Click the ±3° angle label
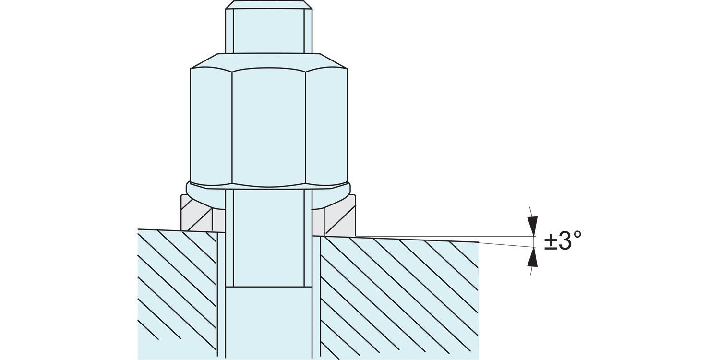[x=563, y=241]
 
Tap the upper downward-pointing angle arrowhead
[x=533, y=226]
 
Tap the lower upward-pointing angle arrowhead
[x=533, y=257]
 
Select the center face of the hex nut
[x=269, y=128]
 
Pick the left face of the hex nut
[x=211, y=126]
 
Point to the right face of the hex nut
[x=326, y=126]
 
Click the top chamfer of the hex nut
[x=269, y=61]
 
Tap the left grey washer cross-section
[x=203, y=213]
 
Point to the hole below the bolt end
[x=269, y=323]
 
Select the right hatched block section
[x=398, y=299]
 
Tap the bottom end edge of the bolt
[x=269, y=287]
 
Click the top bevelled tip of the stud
[x=269, y=5]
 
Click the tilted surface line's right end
[x=479, y=242]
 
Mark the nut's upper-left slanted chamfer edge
[x=204, y=61]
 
